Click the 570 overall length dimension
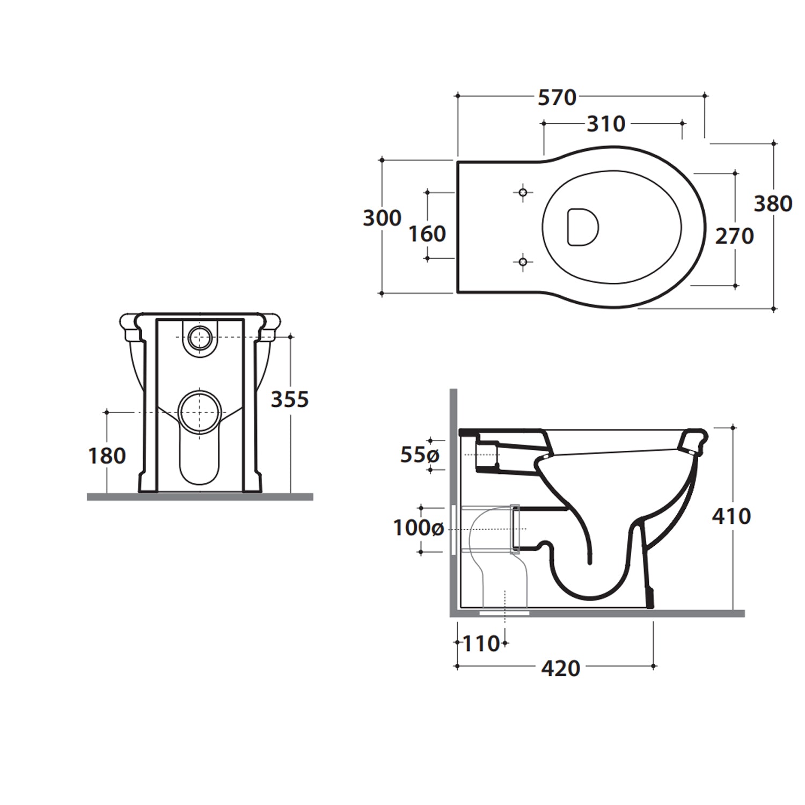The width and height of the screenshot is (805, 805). tap(557, 98)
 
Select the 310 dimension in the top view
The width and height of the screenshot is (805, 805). tap(606, 124)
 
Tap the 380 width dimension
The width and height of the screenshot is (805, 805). tap(773, 204)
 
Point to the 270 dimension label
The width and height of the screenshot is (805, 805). tap(734, 236)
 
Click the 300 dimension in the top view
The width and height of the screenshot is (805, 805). tap(382, 218)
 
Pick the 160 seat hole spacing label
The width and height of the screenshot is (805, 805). tap(427, 234)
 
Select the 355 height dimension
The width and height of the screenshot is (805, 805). tap(290, 399)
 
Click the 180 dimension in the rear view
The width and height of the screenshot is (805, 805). tap(107, 456)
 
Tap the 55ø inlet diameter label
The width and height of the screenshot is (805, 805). tap(420, 455)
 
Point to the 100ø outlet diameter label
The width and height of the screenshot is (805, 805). tap(418, 528)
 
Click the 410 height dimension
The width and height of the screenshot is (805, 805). tap(731, 516)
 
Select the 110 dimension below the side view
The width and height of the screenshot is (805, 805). tap(481, 643)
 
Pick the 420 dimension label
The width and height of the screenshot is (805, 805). tap(561, 669)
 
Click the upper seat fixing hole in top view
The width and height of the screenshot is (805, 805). tap(523, 192)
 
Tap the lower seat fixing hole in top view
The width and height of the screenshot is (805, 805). tap(523, 262)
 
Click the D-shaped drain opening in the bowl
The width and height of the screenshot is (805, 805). tap(582, 227)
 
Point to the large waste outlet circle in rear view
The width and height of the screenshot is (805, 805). tap(200, 412)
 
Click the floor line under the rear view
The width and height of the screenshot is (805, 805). tap(200, 497)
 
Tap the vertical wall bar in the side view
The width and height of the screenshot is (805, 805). tap(453, 502)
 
